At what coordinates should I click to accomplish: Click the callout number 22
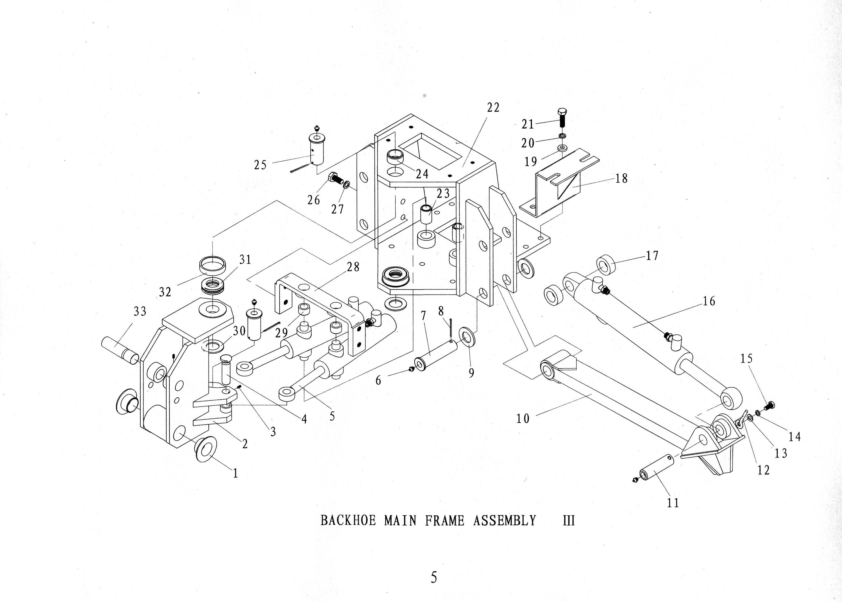pyautogui.click(x=493, y=107)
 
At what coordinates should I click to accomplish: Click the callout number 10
pyautogui.click(x=523, y=419)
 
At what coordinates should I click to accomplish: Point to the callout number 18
pyautogui.click(x=621, y=179)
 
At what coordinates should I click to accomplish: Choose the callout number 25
pyautogui.click(x=260, y=165)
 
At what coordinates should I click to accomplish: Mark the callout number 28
pyautogui.click(x=353, y=267)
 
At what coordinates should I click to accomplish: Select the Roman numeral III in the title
pyautogui.click(x=569, y=521)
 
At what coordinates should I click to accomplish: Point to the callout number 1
pyautogui.click(x=235, y=473)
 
